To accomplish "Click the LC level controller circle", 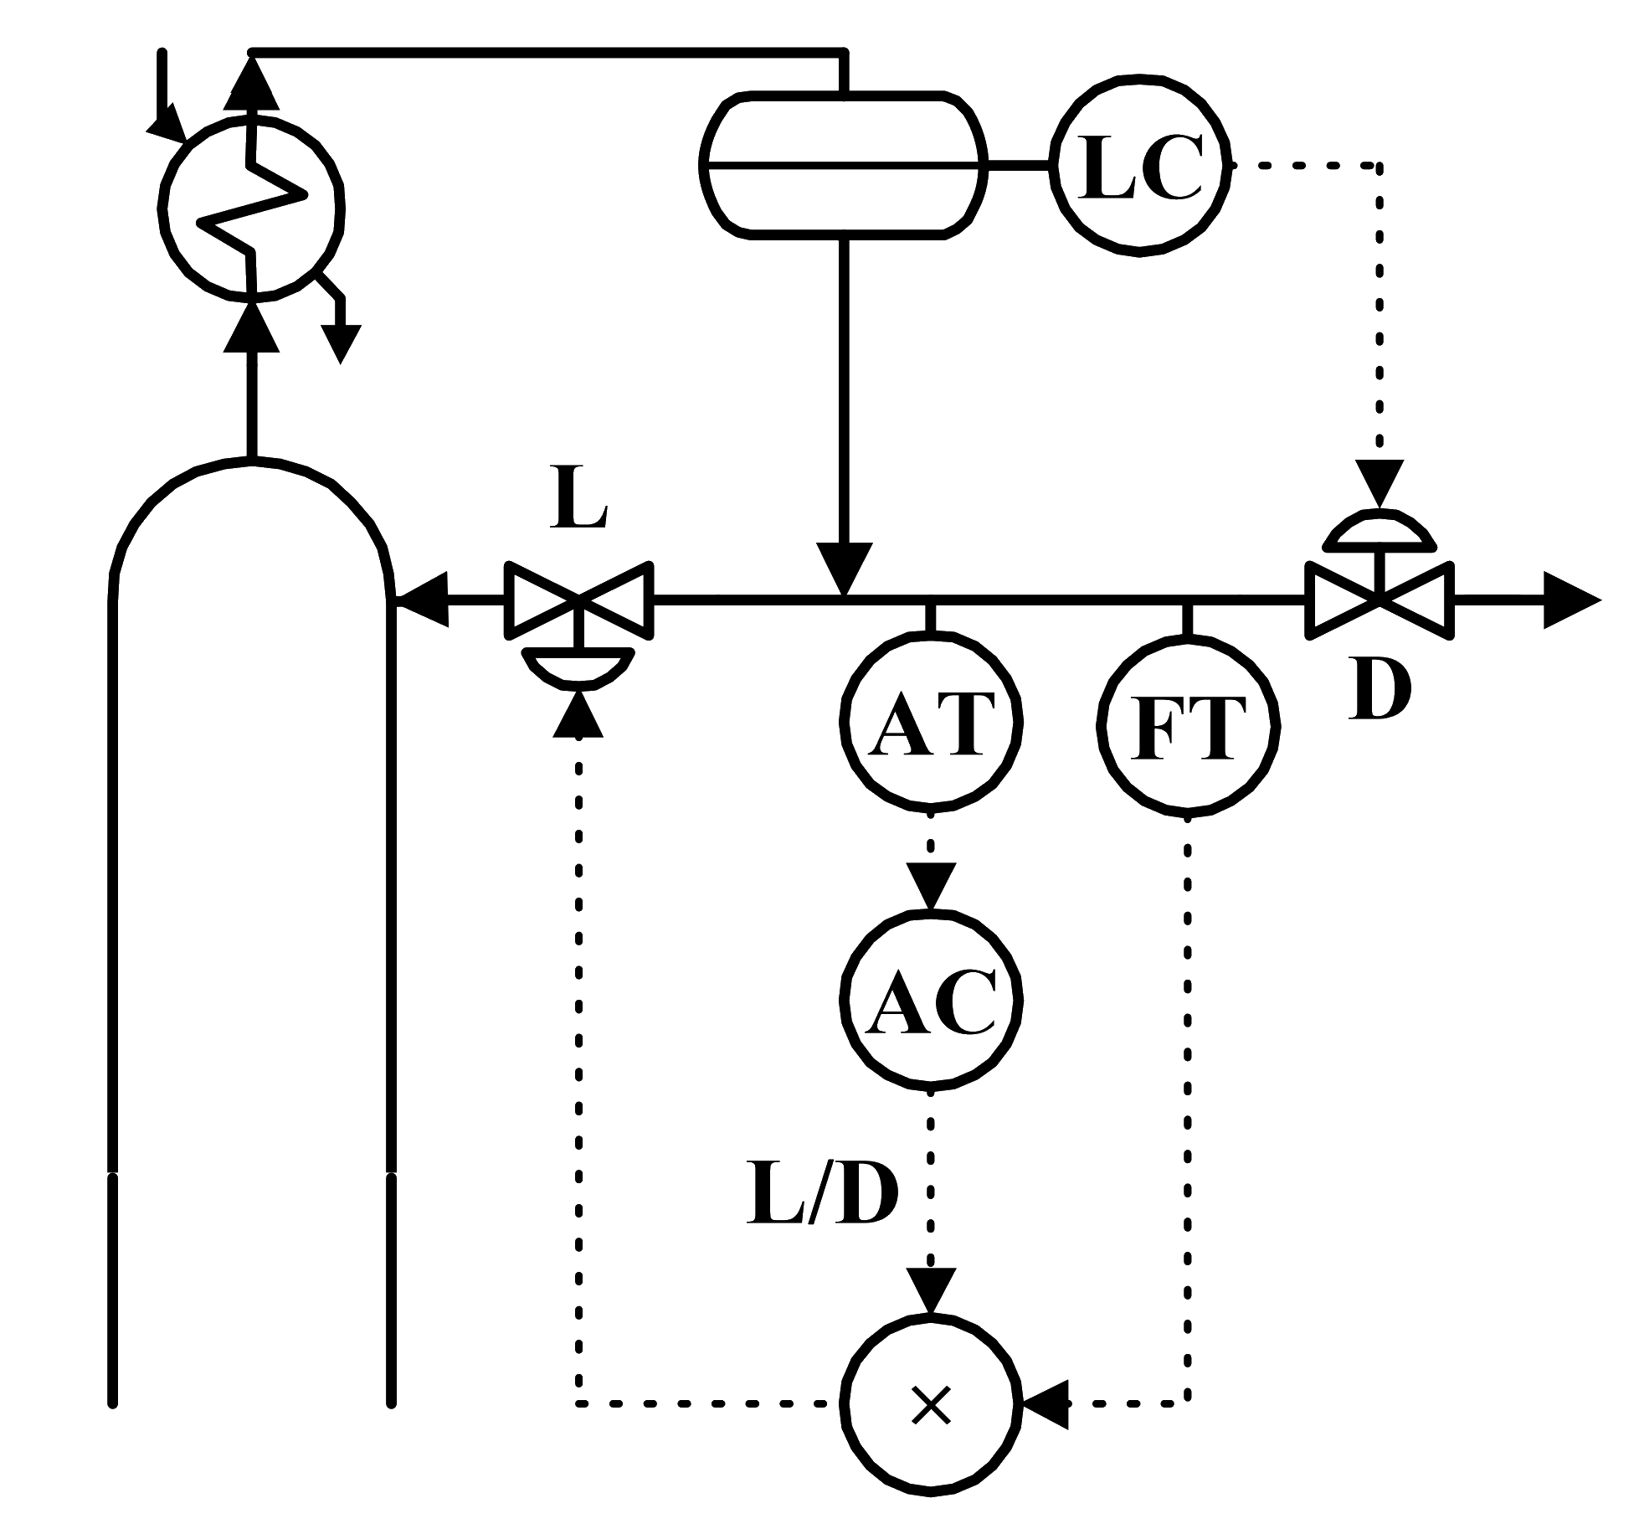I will click(x=1143, y=166).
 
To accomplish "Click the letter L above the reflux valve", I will click(x=578, y=503).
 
